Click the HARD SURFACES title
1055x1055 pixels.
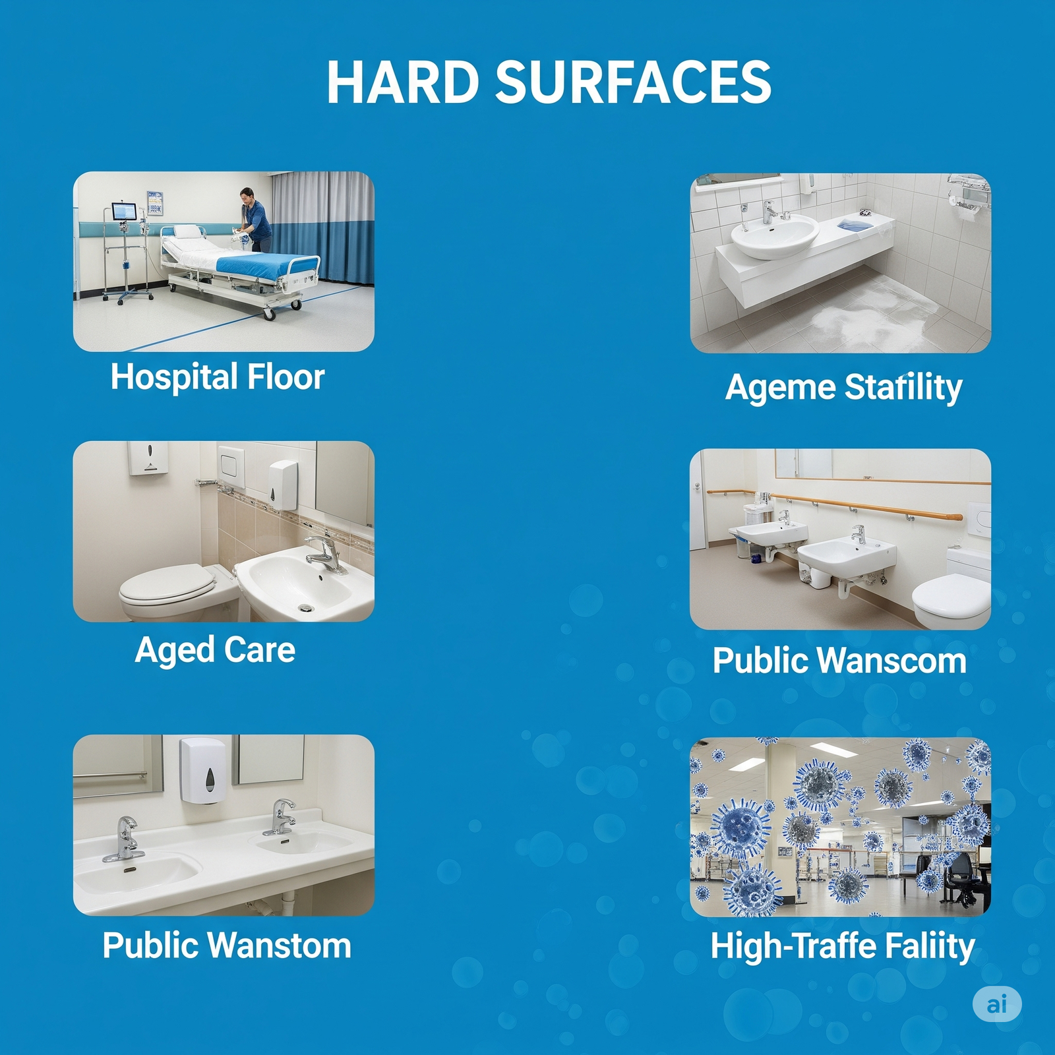coord(549,82)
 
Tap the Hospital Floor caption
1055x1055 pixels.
coord(218,377)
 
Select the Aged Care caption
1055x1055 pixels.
coord(215,650)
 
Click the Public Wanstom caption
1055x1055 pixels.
coord(227,945)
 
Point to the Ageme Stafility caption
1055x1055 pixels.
coord(844,387)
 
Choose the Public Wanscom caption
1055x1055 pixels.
coord(839,660)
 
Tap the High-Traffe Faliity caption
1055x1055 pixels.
coord(843,947)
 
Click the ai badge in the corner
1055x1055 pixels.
coord(997,1004)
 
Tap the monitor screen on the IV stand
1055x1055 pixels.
coord(124,212)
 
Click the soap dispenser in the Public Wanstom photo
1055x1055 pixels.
coord(204,770)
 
